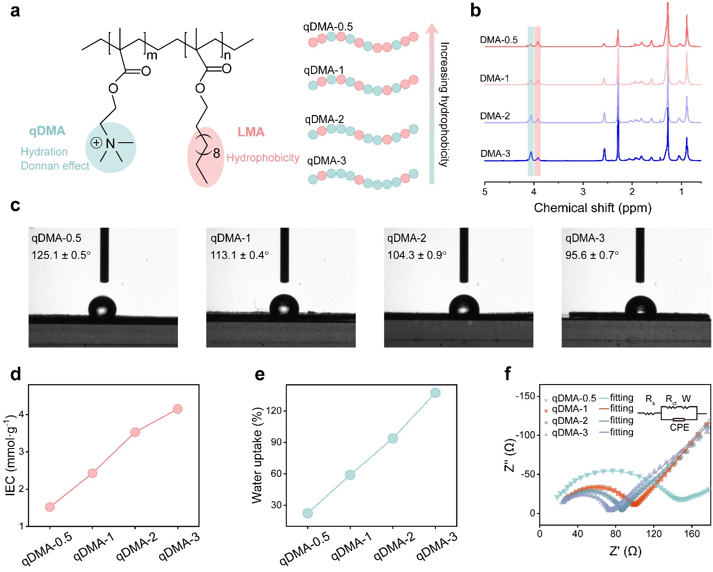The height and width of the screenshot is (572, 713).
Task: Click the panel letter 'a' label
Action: click(15, 10)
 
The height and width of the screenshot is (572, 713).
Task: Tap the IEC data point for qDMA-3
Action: click(178, 409)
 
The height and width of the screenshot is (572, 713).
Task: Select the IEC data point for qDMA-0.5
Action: click(50, 507)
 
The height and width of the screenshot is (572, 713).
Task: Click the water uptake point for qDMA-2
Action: click(392, 438)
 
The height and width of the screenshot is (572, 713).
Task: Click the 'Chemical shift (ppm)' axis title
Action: click(592, 208)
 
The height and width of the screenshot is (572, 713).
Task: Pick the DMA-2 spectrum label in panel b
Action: click(495, 116)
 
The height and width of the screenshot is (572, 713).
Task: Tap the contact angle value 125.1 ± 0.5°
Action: click(61, 255)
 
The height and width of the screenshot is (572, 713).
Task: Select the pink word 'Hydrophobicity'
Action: click(263, 158)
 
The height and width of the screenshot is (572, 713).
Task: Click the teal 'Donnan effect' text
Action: click(55, 166)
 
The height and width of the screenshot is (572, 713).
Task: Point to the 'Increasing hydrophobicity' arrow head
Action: click(431, 28)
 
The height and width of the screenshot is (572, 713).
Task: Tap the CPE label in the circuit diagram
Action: click(679, 428)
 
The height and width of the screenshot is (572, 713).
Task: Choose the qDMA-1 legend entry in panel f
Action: click(569, 409)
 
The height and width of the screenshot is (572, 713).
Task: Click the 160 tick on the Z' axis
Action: click(692, 533)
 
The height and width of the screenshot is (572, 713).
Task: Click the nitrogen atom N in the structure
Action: click(110, 144)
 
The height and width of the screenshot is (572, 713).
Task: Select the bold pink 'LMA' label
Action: click(251, 132)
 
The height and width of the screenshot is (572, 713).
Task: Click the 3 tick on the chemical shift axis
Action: click(583, 192)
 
